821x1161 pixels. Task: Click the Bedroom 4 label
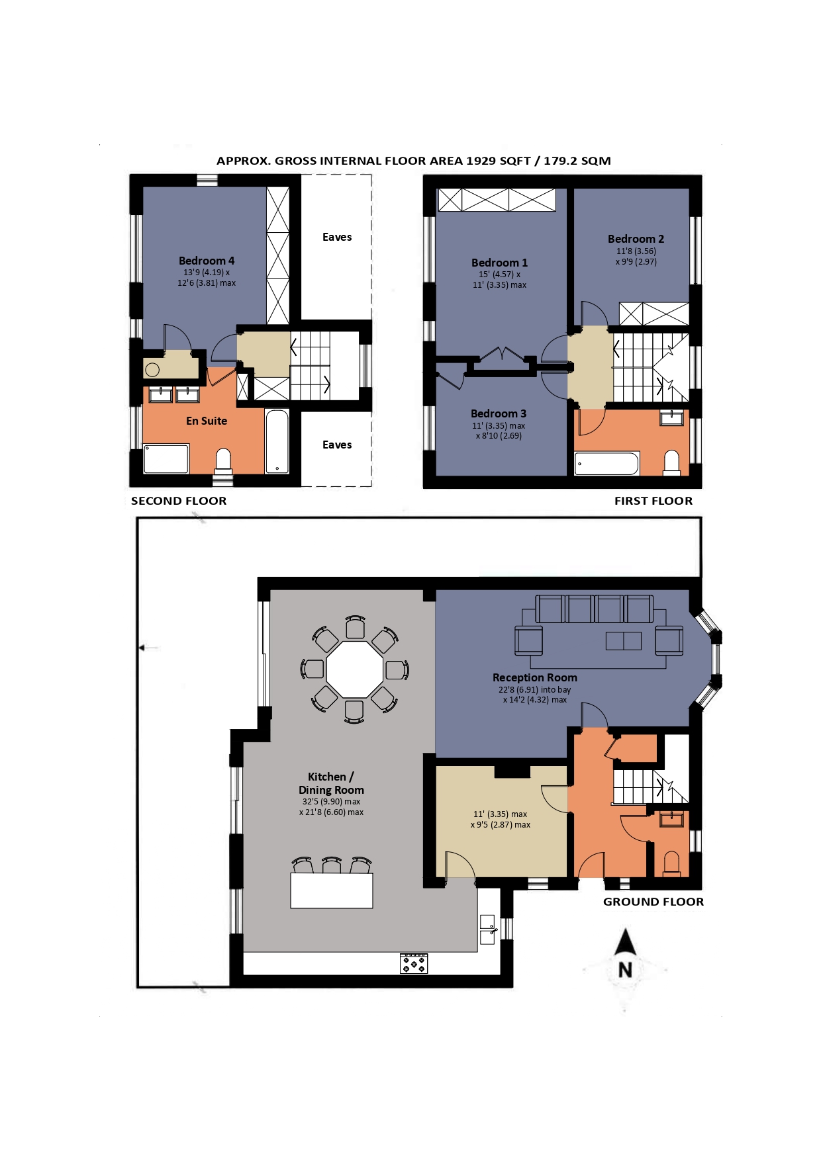coord(207,261)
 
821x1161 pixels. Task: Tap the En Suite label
coord(207,421)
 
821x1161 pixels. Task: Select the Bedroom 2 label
coord(636,239)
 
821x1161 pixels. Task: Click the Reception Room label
coord(535,677)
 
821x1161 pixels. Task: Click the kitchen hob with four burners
coord(414,963)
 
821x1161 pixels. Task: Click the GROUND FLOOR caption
coord(653,902)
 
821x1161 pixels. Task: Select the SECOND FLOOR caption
coord(179,501)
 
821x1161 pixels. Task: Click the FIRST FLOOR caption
coord(653,501)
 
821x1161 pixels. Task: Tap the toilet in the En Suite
coord(224,461)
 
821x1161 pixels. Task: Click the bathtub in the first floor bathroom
coord(606,464)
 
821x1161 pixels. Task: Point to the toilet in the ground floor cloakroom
coord(671,864)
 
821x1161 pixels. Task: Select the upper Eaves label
coord(337,237)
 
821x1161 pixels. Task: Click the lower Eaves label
coord(337,445)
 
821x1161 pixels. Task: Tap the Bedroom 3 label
coord(499,413)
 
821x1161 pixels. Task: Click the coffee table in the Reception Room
coord(623,640)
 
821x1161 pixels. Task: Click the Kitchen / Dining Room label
coord(331,783)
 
